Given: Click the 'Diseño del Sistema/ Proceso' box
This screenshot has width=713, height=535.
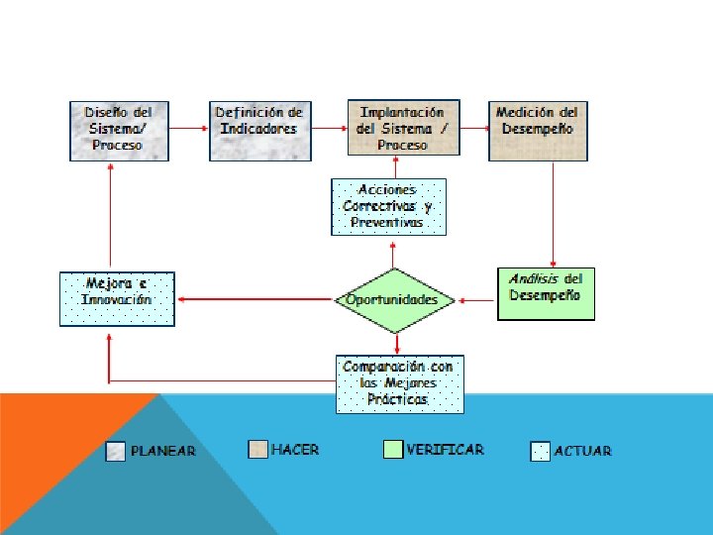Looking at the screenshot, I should click(119, 130).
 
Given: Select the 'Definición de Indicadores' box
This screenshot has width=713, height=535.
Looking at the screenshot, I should click(258, 130).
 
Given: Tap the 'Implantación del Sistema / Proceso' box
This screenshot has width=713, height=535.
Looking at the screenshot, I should click(402, 130).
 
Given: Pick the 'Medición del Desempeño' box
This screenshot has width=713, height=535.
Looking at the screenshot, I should click(538, 130).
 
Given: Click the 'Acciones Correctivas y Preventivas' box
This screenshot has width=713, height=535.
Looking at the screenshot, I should click(388, 207).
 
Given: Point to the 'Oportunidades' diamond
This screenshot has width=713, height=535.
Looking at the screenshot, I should click(393, 299).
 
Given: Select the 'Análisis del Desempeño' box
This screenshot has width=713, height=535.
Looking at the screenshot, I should click(546, 293).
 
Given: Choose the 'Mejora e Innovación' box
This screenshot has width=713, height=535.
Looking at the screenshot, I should click(117, 299).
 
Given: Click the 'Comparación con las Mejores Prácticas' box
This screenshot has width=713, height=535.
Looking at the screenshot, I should click(399, 383).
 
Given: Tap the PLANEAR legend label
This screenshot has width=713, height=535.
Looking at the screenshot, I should click(163, 451).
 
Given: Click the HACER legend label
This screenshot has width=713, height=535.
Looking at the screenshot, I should click(295, 450).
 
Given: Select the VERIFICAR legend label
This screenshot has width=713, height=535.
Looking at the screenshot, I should click(445, 449).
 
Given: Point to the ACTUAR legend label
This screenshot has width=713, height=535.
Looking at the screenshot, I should click(583, 451).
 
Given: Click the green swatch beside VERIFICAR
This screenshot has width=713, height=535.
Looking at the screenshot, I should click(393, 449).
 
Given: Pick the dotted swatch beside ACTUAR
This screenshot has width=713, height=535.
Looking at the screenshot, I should click(540, 451).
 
